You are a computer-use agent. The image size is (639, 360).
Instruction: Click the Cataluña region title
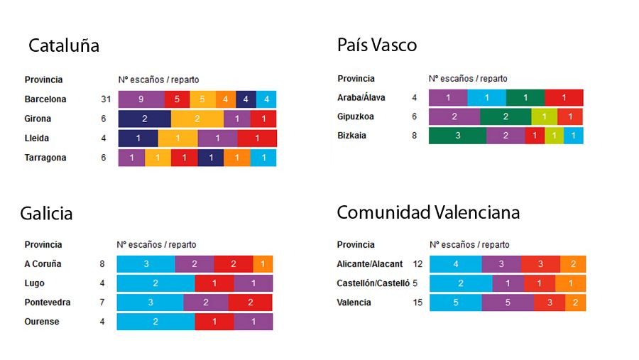(x=64, y=46)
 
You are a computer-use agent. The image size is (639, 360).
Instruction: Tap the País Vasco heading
(x=377, y=45)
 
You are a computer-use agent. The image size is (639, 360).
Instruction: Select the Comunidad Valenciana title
(x=428, y=212)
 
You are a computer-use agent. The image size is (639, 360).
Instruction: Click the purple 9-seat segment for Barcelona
(x=141, y=99)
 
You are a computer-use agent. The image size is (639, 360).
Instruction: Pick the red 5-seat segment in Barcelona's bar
(x=177, y=99)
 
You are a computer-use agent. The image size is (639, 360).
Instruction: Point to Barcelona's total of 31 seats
(x=106, y=99)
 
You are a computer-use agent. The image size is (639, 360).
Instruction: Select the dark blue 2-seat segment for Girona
(x=145, y=119)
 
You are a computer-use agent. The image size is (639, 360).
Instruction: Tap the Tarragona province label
(x=45, y=158)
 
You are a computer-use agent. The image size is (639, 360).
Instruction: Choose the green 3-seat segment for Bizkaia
(x=457, y=136)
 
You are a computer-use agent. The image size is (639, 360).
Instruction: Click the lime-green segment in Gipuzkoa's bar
(x=544, y=116)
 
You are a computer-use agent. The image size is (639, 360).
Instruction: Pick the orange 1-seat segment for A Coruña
(x=263, y=264)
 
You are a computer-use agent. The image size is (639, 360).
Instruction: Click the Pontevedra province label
(x=48, y=302)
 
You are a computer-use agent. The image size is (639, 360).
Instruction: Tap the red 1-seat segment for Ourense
(x=214, y=322)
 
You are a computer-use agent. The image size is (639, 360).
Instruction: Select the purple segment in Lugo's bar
(x=253, y=283)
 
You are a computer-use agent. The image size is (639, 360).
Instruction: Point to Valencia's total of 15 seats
(x=417, y=302)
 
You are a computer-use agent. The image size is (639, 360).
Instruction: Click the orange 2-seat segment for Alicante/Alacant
(x=573, y=264)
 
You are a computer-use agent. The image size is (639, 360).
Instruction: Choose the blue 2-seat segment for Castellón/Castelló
(x=461, y=283)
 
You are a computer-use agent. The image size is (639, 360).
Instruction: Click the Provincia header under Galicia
(x=43, y=244)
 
